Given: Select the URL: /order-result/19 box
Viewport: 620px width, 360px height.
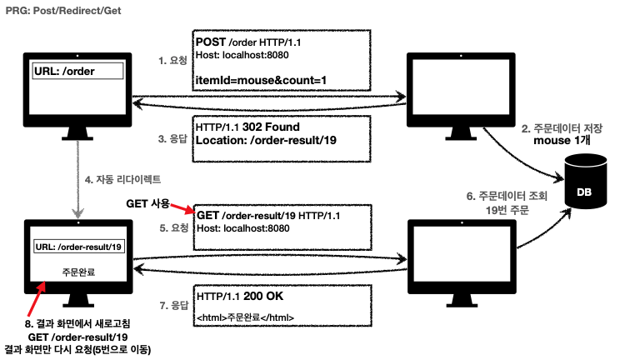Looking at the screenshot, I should (x=79, y=246).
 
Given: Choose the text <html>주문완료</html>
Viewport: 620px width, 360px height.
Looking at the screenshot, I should (x=245, y=317).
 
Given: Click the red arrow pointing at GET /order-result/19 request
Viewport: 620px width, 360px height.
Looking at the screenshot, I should (x=181, y=210).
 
